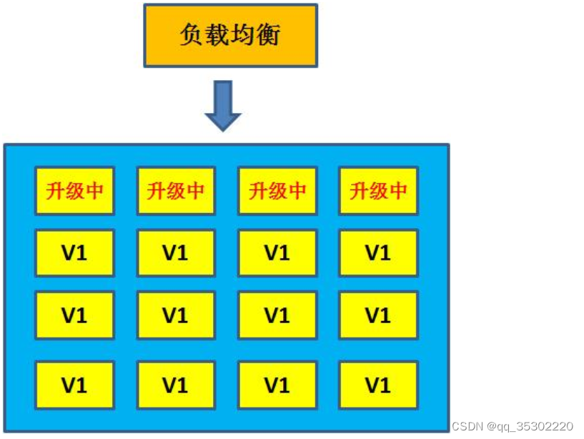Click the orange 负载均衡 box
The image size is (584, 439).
click(230, 36)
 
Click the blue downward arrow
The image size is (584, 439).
click(223, 105)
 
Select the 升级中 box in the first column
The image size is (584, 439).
click(74, 191)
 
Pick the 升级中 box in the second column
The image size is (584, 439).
click(175, 191)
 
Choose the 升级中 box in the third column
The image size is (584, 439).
click(277, 191)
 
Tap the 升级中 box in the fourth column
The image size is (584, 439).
click(378, 191)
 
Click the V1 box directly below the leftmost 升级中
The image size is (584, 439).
click(74, 252)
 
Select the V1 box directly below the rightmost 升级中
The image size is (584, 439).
click(378, 252)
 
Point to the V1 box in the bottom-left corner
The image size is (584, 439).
click(74, 385)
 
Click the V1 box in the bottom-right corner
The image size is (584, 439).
click(378, 385)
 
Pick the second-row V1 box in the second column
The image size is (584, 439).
click(175, 252)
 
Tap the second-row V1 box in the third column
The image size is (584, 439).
click(277, 252)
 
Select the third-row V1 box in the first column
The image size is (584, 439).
click(74, 315)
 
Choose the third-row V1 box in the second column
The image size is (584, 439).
click(175, 315)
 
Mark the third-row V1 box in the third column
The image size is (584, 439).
click(277, 315)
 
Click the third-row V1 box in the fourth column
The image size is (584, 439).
click(378, 315)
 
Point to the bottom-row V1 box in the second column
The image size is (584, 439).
click(175, 385)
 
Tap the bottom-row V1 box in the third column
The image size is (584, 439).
click(277, 385)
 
